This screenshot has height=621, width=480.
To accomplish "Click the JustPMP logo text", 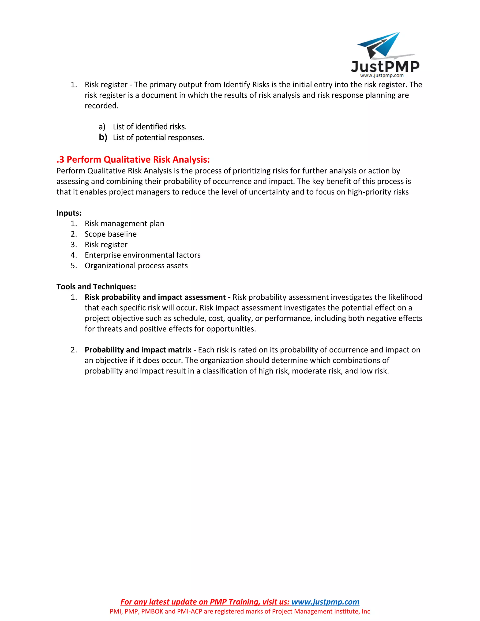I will click(x=385, y=67).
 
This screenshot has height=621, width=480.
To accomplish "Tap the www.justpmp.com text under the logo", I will click(x=382, y=76).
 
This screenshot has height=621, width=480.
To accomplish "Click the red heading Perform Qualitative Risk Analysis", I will click(x=133, y=160).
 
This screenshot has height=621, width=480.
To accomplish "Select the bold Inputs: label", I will click(x=69, y=213).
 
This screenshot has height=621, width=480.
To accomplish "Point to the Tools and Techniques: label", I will click(x=96, y=287).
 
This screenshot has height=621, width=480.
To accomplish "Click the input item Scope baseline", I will click(x=111, y=234).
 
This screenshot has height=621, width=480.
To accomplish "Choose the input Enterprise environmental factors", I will click(x=142, y=255).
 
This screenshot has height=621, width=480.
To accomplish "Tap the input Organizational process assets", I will click(x=136, y=266).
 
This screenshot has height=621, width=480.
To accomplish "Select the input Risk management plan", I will click(x=124, y=224).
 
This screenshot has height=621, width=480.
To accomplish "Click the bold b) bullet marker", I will click(x=103, y=137).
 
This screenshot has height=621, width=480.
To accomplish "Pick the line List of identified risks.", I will click(x=150, y=127).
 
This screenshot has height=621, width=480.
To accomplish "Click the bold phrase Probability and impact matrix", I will click(x=138, y=350).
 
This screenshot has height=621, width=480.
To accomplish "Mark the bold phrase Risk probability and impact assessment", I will click(x=155, y=297).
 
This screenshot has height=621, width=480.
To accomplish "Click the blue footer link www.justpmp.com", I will click(x=325, y=602).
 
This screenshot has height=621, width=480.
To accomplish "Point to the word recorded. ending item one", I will click(x=101, y=106).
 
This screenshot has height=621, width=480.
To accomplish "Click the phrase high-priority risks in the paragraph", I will click(x=378, y=192).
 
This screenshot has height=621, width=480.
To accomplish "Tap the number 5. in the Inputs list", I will click(x=74, y=266).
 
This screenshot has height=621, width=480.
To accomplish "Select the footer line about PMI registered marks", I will click(x=240, y=611).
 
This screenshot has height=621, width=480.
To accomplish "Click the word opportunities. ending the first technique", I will click(x=231, y=329).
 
